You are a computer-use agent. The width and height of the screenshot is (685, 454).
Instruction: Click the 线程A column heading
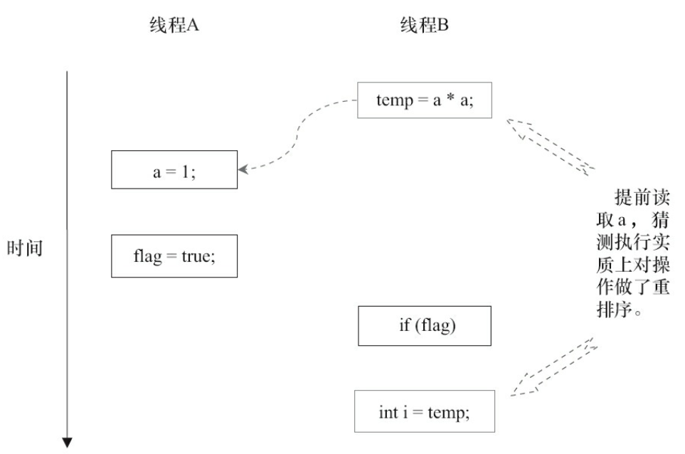pyautogui.click(x=171, y=26)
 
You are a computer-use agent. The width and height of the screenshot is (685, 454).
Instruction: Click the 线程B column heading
pyautogui.click(x=425, y=26)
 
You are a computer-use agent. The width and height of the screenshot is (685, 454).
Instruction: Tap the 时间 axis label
pyautogui.click(x=26, y=249)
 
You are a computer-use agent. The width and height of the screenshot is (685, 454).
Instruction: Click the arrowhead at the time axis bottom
pyautogui.click(x=68, y=443)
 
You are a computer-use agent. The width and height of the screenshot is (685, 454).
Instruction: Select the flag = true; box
pyautogui.click(x=174, y=255)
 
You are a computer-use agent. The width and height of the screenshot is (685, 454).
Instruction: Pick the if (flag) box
pyautogui.click(x=425, y=327)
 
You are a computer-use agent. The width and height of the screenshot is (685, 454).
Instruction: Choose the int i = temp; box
pyautogui.click(x=425, y=411)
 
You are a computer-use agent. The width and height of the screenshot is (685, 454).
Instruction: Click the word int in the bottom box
pyautogui.click(x=389, y=411)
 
